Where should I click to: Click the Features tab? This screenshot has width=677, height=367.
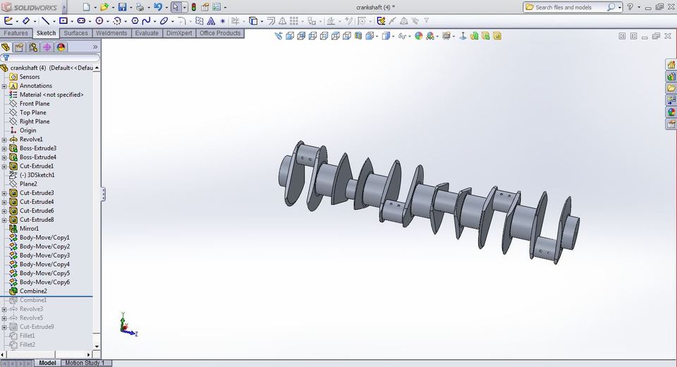coord(16,33)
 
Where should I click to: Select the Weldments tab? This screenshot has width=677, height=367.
coord(111,33)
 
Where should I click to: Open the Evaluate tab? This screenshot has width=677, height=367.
coord(147,33)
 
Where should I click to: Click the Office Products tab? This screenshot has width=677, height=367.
coord(220,33)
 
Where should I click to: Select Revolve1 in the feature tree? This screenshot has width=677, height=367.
coord(31,140)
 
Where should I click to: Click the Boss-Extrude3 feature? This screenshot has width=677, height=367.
coord(38,148)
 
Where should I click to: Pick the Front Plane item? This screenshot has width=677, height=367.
coord(35,104)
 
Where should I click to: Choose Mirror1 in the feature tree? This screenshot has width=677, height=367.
coord(30,229)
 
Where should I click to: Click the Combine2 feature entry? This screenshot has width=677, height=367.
coord(33,291)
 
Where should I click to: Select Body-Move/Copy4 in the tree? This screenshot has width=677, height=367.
coord(44,264)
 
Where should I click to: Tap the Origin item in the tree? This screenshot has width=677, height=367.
coord(28,131)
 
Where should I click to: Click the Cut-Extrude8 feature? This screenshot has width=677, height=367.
coord(37,219)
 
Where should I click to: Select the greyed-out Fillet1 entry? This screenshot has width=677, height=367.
coord(27,336)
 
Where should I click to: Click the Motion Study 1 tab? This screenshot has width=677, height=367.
coord(84,363)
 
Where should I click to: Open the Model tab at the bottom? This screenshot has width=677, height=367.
coord(47,363)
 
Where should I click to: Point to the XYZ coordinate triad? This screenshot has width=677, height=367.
coord(126,325)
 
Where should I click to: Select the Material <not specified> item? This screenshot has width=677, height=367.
coord(51,95)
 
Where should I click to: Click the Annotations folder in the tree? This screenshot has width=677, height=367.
coord(35,86)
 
